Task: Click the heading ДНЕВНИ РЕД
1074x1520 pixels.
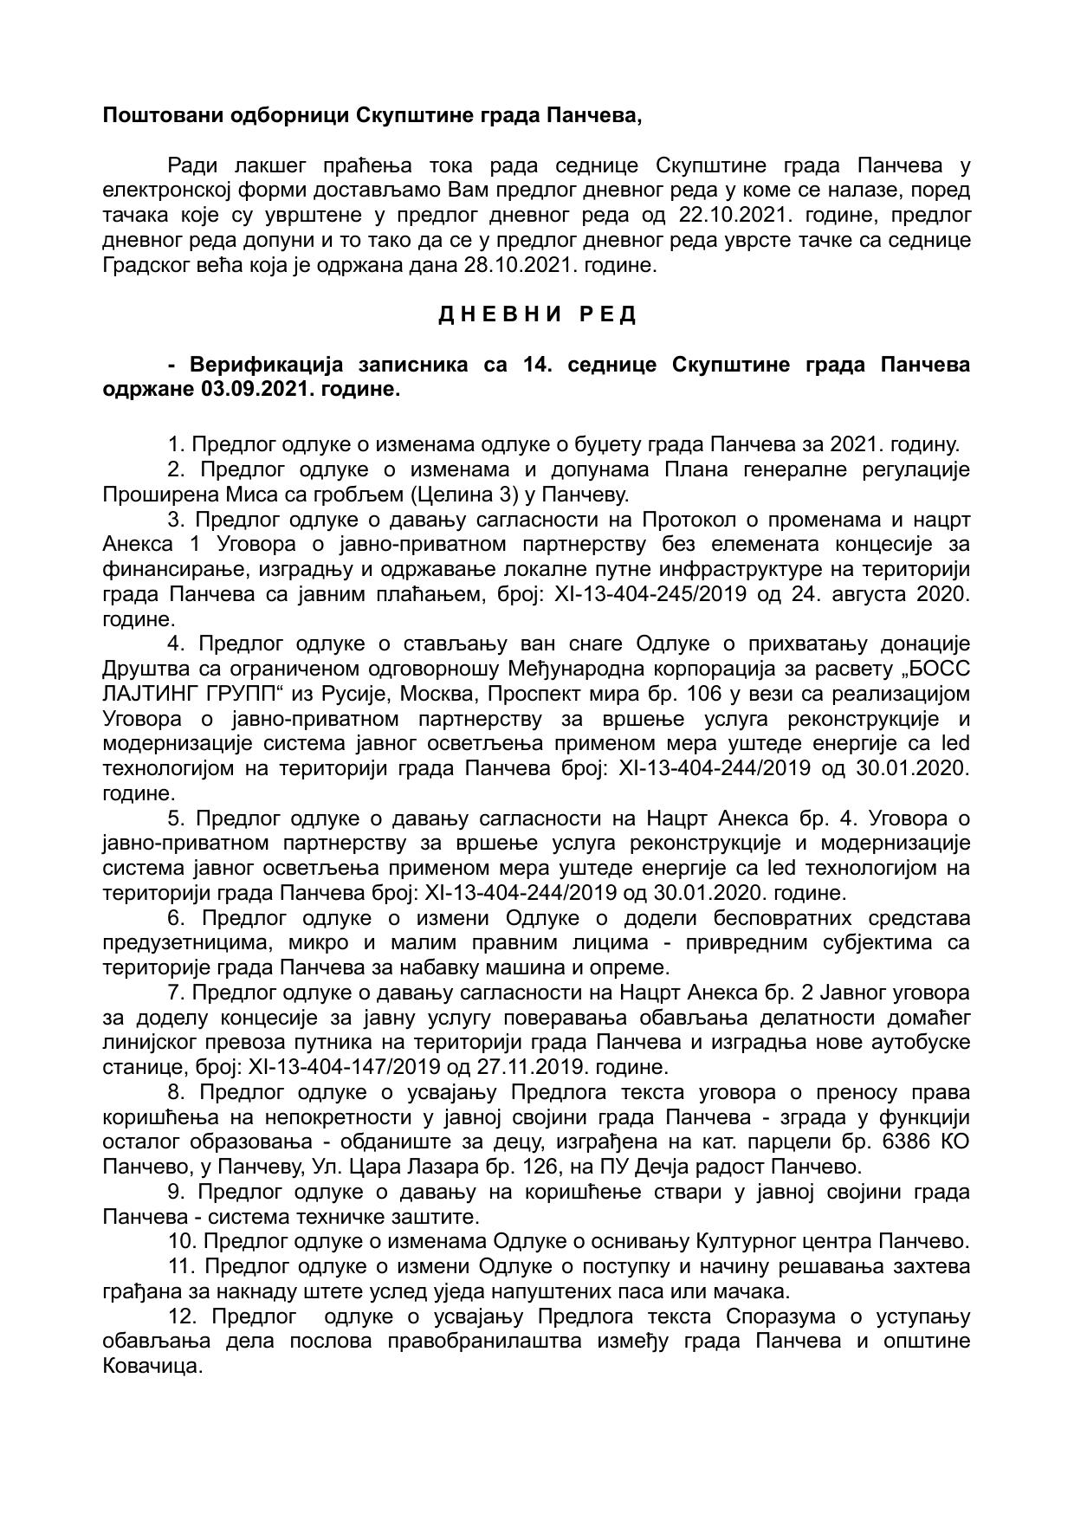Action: [x=537, y=315]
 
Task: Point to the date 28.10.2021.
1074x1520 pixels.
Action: [x=522, y=265]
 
